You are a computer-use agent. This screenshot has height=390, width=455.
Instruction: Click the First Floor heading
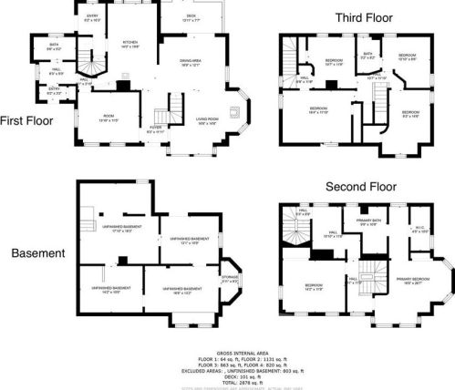26,119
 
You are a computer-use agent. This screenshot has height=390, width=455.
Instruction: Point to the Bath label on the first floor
55,46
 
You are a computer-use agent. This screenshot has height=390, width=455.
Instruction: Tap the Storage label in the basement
229,280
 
